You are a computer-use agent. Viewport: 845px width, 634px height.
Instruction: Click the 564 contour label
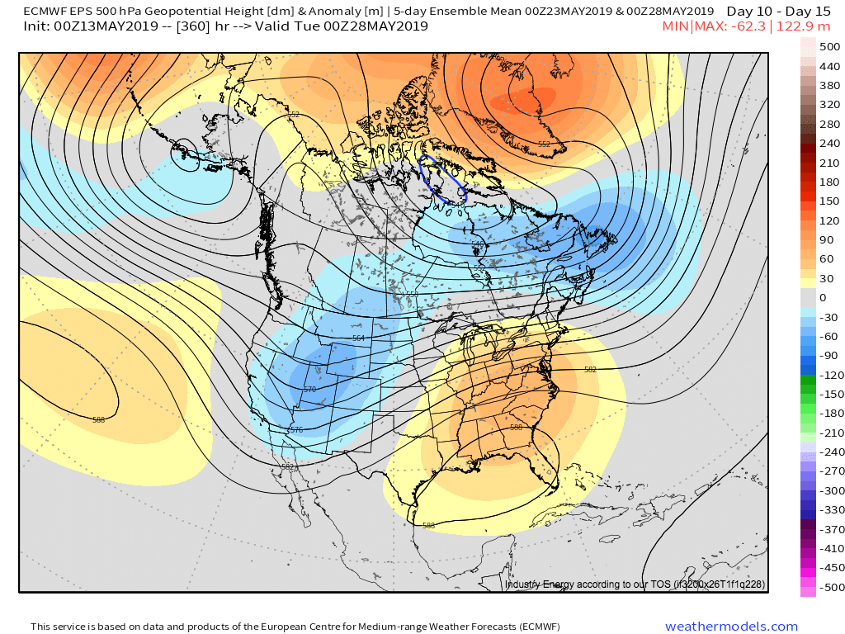click(358, 338)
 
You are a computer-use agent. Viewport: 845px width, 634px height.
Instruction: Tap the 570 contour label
click(310, 390)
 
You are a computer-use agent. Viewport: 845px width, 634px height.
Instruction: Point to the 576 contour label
click(296, 430)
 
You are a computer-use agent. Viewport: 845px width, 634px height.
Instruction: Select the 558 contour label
click(412, 294)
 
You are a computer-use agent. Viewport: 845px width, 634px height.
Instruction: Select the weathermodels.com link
click(732, 627)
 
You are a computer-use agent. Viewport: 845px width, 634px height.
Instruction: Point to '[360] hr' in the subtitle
click(206, 26)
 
